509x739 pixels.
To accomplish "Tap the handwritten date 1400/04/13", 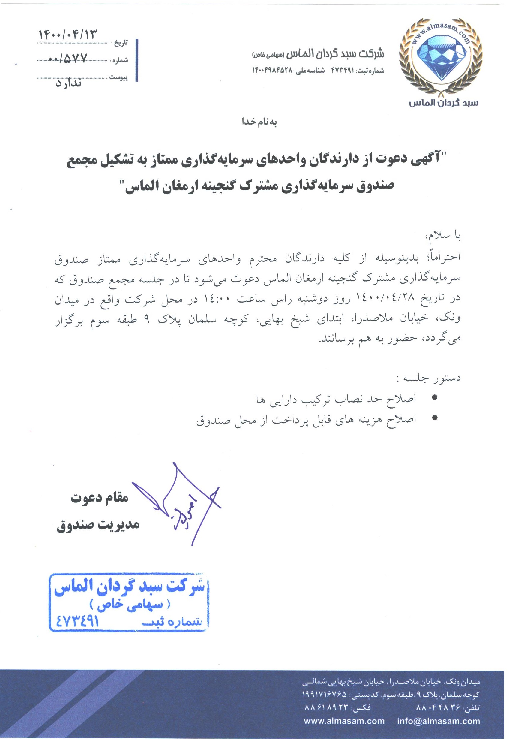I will (67, 35).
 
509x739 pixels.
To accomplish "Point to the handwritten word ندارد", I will (69, 83).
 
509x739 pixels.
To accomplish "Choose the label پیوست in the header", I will (119, 77).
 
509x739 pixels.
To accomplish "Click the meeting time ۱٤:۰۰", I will (220, 299).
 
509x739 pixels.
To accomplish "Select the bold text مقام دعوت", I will (100, 498).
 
